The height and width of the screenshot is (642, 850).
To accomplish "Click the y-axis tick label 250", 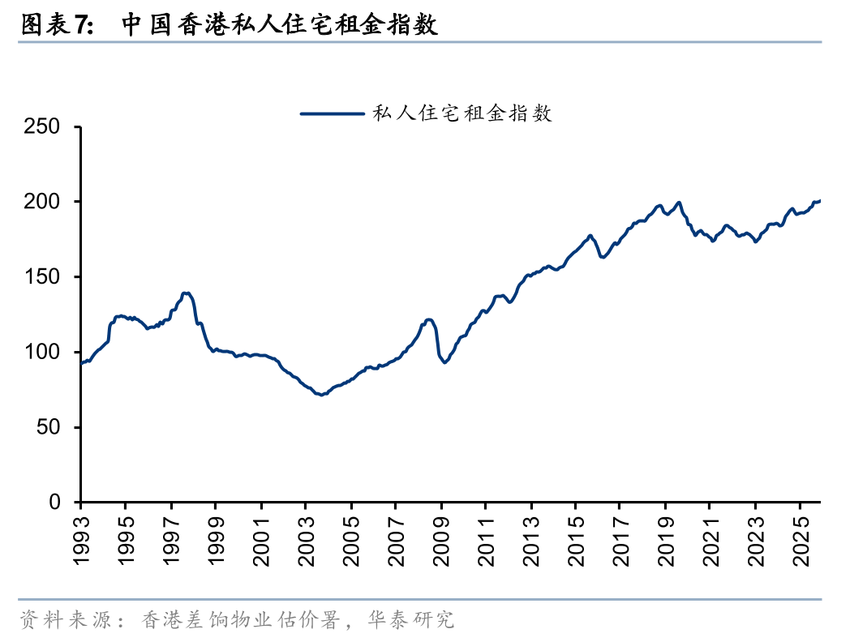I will click(x=41, y=126).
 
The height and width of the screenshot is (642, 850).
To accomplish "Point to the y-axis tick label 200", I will click(x=41, y=202).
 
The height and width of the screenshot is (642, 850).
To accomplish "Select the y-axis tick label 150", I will click(x=41, y=277).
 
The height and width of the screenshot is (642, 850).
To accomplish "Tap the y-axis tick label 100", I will click(x=41, y=353).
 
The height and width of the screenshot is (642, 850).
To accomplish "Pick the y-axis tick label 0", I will click(x=54, y=503).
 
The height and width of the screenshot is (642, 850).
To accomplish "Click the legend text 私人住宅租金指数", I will click(x=461, y=114).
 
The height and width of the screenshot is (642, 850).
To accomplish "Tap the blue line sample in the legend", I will click(x=332, y=114).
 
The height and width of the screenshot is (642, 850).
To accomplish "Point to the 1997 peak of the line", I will click(x=187, y=293).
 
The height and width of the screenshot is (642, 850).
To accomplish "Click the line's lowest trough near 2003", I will click(x=321, y=395).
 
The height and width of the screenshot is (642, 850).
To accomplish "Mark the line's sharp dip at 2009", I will click(x=444, y=362).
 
